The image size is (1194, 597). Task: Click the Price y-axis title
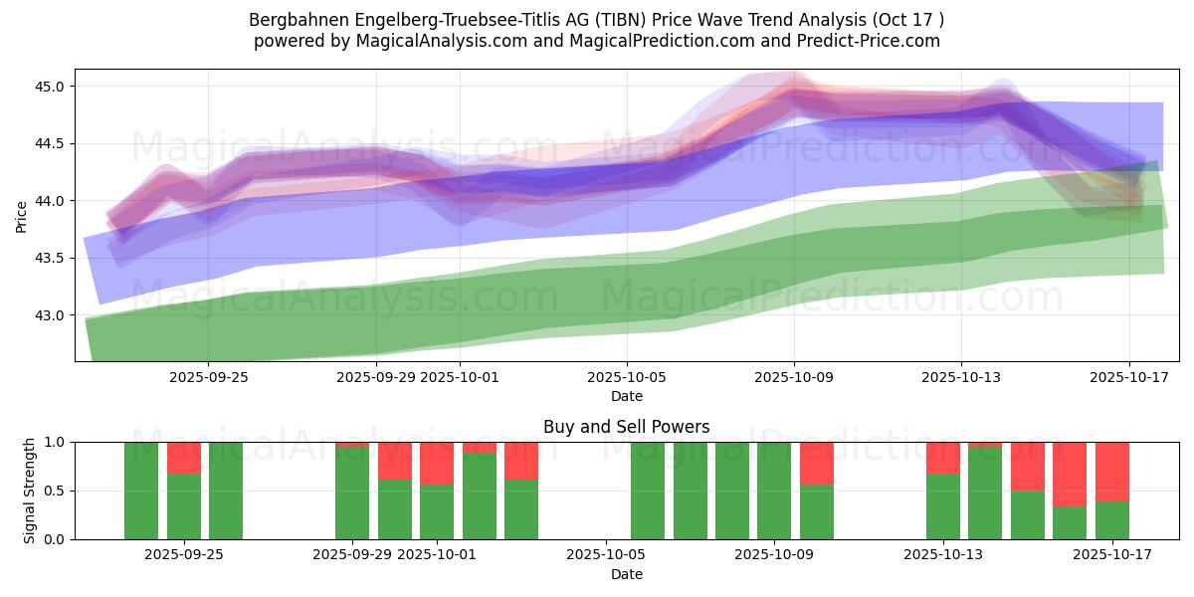(22, 215)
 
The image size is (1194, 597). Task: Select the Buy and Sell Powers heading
(626, 427)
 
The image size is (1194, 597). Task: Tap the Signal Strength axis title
(30, 491)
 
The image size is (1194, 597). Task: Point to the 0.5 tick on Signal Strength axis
(55, 491)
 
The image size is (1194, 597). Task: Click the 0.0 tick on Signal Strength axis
(55, 539)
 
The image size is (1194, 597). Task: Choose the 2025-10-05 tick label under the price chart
(626, 377)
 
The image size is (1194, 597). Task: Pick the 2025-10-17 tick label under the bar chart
(1110, 555)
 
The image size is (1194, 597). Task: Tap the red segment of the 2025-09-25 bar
(184, 457)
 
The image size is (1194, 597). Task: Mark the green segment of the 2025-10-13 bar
(943, 506)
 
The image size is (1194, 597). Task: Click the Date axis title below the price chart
(626, 396)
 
